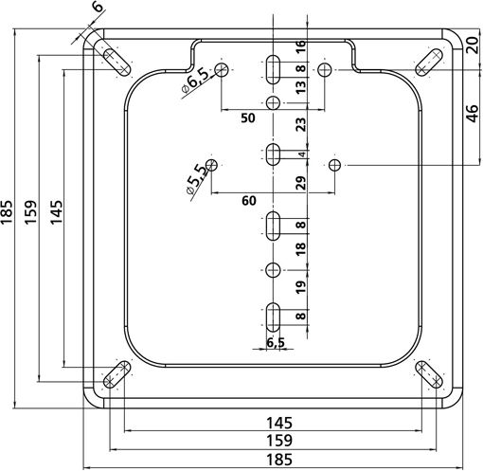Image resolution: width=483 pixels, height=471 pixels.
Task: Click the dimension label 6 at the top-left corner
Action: (98, 6)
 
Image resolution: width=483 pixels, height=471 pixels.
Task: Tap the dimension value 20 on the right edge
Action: (473, 45)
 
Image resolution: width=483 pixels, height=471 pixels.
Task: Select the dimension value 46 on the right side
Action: (473, 113)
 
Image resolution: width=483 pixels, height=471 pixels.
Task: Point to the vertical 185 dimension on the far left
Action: (7, 212)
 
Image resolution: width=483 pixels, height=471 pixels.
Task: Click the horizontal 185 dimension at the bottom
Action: (279, 460)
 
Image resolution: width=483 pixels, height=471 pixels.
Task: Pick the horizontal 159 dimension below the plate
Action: (279, 441)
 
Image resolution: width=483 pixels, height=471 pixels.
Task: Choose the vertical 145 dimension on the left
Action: (57, 212)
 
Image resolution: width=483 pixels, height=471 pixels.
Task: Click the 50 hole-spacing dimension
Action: (248, 118)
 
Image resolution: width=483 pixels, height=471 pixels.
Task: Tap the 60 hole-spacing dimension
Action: (249, 201)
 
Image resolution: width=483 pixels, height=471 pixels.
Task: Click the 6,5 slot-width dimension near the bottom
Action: (276, 342)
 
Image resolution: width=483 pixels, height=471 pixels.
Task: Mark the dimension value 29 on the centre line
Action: (301, 183)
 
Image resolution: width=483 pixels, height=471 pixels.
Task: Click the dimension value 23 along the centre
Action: (301, 124)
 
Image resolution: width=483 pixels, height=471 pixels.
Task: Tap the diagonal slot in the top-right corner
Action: (428, 63)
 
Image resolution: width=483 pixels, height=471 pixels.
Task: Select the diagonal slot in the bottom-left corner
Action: (116, 374)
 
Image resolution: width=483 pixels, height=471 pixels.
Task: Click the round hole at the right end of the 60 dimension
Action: (334, 165)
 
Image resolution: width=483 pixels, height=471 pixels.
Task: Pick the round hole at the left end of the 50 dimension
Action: (222, 69)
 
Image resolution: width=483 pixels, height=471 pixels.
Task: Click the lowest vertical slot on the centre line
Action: (273, 317)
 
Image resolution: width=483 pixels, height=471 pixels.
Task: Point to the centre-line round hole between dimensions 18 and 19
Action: (273, 270)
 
